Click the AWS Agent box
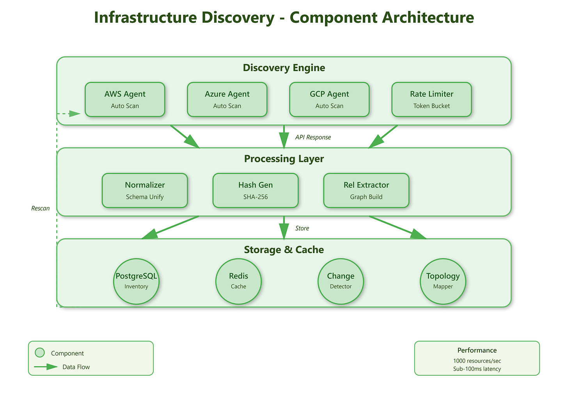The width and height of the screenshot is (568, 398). [x=125, y=100]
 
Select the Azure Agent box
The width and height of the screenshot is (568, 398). [x=227, y=100]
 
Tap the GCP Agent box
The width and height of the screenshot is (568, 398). [x=329, y=100]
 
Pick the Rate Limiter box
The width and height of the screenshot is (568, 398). [x=431, y=100]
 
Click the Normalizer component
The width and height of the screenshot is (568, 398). [x=145, y=190]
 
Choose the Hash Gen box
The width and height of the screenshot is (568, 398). [x=256, y=190]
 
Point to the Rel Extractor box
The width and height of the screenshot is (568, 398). [x=366, y=190]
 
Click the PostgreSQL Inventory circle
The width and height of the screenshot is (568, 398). [x=136, y=281]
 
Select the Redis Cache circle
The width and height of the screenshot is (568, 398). [x=238, y=281]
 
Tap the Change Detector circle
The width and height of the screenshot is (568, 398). [x=341, y=281]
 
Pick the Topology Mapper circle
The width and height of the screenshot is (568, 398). [x=443, y=281]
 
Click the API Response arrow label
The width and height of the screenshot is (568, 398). [x=313, y=137]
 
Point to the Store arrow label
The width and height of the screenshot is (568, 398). [x=302, y=228]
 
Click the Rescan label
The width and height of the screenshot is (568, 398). [x=40, y=209]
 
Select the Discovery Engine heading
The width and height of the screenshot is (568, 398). [x=284, y=68]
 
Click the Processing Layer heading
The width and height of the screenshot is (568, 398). [x=284, y=159]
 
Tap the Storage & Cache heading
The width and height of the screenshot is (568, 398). [x=284, y=250]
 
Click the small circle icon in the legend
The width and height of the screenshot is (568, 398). [x=40, y=353]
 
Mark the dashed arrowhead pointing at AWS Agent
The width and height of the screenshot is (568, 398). [x=75, y=114]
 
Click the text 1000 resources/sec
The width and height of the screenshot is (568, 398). [x=477, y=361]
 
